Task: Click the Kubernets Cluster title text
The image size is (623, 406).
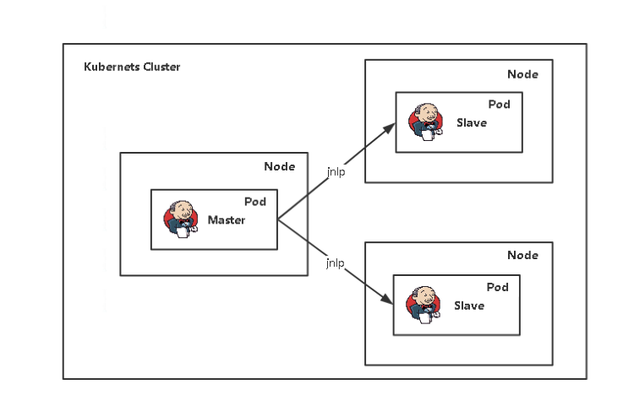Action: (x=132, y=67)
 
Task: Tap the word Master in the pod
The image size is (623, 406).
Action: (x=227, y=220)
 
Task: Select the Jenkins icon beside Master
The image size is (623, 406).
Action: (x=181, y=219)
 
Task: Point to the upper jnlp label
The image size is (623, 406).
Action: (x=336, y=171)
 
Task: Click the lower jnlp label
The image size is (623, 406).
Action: (x=336, y=263)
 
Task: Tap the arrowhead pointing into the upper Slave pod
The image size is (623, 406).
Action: (x=390, y=128)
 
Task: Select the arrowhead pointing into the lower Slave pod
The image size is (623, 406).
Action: (x=388, y=301)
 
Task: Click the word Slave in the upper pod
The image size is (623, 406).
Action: (x=472, y=122)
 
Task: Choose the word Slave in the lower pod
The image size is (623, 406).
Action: (x=469, y=306)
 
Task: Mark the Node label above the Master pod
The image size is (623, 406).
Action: (x=280, y=166)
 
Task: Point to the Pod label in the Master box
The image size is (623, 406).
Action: (x=255, y=202)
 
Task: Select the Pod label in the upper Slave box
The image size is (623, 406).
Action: (x=499, y=105)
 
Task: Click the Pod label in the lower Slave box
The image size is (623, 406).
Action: (x=498, y=287)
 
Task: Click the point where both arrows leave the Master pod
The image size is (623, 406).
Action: (x=278, y=219)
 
